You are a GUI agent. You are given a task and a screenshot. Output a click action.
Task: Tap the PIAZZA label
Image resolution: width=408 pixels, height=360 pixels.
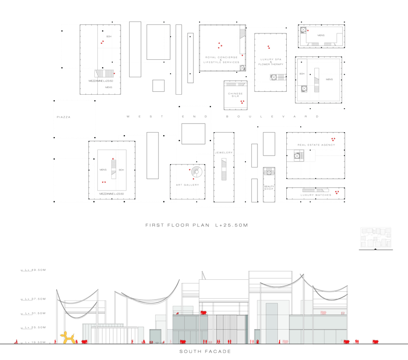[63, 117]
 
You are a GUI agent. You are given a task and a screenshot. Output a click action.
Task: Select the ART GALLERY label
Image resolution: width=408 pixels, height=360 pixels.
[187, 185]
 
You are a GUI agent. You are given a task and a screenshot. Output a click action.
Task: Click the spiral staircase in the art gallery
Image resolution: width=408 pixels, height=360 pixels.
[197, 173]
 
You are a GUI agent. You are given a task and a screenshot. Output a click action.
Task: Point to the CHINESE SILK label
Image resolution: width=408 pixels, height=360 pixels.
[235, 95]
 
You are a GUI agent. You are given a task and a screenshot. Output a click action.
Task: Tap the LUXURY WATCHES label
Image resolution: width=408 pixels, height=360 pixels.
[316, 195]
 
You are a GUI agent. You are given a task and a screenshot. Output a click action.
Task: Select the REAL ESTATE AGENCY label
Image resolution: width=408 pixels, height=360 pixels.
[316, 145]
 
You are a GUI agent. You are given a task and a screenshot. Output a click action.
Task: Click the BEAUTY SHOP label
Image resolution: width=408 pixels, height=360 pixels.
[269, 188]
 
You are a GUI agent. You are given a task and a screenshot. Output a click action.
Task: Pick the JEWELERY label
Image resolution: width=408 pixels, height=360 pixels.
[224, 153]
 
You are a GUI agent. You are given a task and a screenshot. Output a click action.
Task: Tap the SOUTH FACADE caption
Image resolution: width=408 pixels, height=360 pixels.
[205, 352]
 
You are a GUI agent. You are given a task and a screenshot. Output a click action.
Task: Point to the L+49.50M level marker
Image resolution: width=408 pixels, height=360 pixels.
[33, 270]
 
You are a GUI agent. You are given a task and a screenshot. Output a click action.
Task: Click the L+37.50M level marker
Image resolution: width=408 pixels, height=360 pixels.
[33, 299]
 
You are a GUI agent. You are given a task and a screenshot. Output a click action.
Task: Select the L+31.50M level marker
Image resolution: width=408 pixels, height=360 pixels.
[33, 314]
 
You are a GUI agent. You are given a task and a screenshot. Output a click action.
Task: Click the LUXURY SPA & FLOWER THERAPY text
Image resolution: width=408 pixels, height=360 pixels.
[271, 62]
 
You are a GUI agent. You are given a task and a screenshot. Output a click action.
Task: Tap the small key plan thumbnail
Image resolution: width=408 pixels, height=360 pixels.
[375, 239]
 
